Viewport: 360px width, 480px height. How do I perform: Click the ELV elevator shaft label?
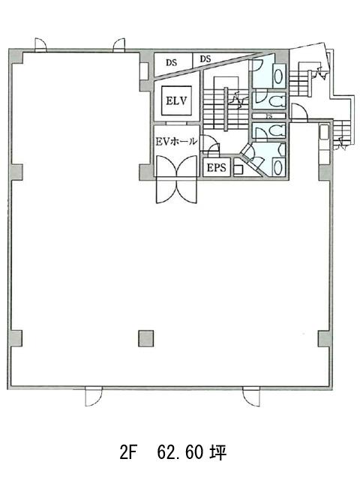(x=177, y=100)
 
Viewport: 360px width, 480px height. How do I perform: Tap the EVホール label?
(x=176, y=141)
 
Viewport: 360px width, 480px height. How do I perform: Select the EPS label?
(x=217, y=168)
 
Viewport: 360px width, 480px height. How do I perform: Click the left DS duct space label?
(x=172, y=62)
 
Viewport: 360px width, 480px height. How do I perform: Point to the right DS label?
(x=205, y=58)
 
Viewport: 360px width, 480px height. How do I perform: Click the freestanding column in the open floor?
(x=145, y=338)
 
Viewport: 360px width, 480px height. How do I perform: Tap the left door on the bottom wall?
(x=94, y=397)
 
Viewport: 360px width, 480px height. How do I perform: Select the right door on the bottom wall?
(x=251, y=397)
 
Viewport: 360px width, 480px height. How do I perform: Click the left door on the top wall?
(x=40, y=45)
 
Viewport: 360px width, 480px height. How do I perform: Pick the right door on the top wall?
(x=119, y=45)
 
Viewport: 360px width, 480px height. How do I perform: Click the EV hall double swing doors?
(x=176, y=179)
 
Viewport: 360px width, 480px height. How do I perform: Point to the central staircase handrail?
(x=226, y=109)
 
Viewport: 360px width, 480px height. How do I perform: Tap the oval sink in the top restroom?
(x=278, y=76)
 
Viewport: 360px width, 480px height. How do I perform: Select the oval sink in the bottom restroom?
(x=278, y=166)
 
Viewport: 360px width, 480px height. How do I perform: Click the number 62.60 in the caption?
(x=180, y=453)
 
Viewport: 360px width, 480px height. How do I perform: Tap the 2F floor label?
(x=127, y=453)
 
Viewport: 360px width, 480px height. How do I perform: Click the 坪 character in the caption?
(x=218, y=453)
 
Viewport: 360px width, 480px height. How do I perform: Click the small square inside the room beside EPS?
(x=238, y=170)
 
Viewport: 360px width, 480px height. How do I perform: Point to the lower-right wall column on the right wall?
(x=325, y=338)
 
